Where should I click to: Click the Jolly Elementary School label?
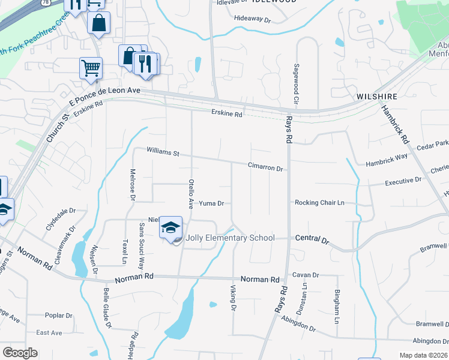(231, 238)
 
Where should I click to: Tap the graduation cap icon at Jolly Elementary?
(171, 227)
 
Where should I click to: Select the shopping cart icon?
(91, 68)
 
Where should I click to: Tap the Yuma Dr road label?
(211, 203)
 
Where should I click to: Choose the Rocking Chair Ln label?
(319, 203)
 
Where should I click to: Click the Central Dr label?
(312, 240)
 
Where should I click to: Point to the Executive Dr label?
(403, 181)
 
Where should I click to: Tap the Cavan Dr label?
(305, 275)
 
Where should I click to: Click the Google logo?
(20, 353)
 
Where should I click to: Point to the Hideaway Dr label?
(253, 19)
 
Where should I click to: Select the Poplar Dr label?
(58, 315)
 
